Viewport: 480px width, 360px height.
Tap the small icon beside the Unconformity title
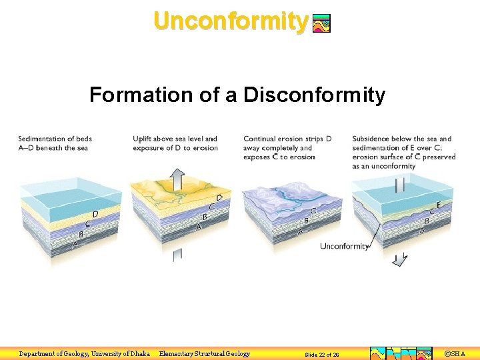[321, 24]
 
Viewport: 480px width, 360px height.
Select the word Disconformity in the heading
[314, 95]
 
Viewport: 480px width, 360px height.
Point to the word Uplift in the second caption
[143, 139]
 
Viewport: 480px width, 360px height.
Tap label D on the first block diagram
[95, 214]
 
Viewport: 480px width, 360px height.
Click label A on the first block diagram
[75, 245]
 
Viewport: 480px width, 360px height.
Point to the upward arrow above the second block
[177, 179]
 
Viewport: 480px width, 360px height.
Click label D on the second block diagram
[219, 198]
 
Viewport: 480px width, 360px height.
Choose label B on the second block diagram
[205, 217]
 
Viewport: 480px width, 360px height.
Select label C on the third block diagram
[312, 210]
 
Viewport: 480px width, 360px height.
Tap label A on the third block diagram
[300, 231]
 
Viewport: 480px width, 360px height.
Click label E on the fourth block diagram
[438, 205]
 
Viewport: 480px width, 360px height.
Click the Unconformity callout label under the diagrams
[344, 246]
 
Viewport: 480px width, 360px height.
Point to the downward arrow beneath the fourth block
[399, 260]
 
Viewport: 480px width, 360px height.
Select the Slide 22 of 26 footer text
[322, 354]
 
